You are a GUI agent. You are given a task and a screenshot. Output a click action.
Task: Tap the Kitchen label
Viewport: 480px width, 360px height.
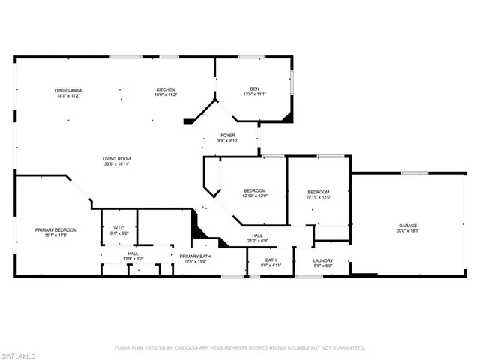tap(165, 91)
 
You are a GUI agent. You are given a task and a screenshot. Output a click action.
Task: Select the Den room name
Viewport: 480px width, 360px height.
tap(255, 90)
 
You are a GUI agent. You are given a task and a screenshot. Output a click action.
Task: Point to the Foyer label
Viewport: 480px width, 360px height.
tap(226, 136)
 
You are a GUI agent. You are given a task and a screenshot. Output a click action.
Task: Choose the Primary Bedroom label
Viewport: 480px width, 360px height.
tap(56, 229)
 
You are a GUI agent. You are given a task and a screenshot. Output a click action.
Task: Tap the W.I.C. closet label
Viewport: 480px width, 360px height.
tap(119, 229)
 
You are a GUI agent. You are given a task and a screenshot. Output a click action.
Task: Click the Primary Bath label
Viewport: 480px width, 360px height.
tap(194, 256)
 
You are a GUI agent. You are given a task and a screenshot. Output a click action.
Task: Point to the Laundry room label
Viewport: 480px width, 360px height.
tap(323, 261)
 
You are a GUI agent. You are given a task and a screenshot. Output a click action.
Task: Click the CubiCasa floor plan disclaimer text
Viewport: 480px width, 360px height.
tap(239, 348)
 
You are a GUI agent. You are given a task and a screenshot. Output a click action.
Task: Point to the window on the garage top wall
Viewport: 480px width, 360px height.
tap(409, 174)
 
